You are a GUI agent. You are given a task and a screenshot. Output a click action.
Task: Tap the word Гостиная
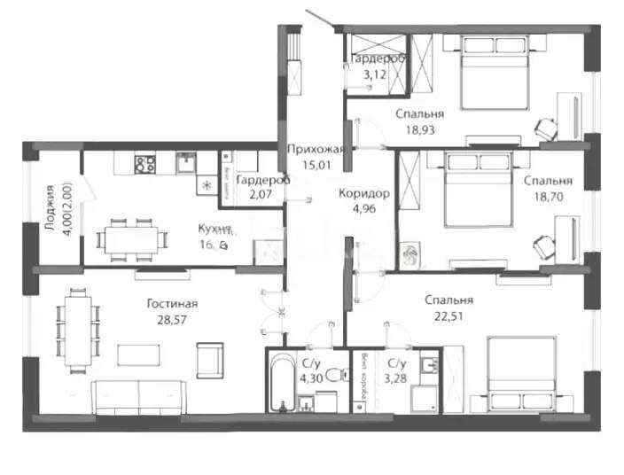click(172, 303)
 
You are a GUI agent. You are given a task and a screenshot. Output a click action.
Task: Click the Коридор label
click(363, 193)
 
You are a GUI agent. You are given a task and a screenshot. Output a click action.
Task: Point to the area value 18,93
click(421, 129)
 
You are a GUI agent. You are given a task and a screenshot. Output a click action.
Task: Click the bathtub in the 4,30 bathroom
click(282, 385)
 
